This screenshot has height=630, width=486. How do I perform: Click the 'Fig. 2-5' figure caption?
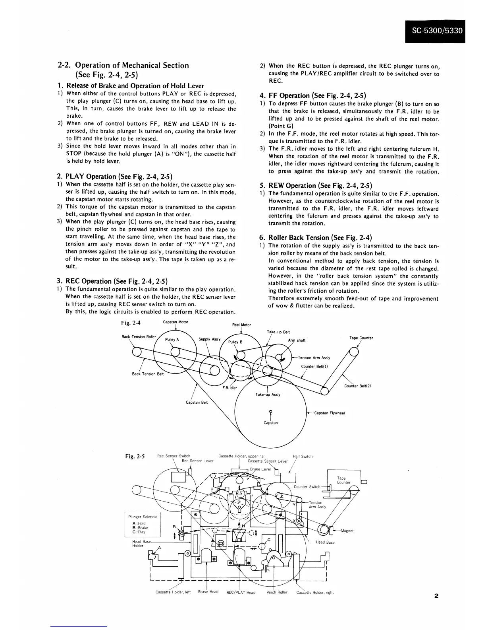135,457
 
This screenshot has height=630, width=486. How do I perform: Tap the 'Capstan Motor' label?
175,322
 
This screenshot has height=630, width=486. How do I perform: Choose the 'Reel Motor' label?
241,325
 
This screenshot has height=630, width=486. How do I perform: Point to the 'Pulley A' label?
172,340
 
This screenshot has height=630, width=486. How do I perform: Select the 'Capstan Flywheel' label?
329,413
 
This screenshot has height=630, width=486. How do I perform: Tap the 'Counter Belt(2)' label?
357,386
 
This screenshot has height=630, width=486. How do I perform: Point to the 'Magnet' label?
347,531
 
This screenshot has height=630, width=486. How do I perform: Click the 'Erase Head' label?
208,592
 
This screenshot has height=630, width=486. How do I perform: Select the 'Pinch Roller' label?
277,592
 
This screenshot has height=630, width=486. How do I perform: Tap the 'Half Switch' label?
303,456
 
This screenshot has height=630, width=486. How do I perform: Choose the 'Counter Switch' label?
307,486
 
